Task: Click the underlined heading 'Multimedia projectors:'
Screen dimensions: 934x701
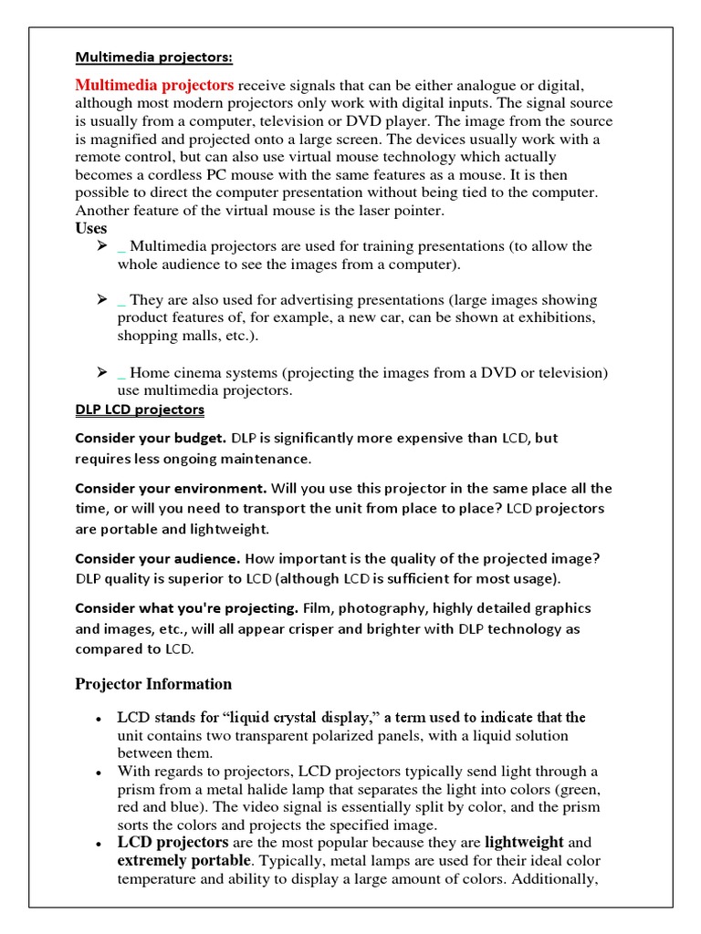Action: tap(153, 58)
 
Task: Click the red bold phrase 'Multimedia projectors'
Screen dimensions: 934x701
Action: tap(154, 85)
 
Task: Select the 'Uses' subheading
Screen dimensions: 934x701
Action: tap(90, 228)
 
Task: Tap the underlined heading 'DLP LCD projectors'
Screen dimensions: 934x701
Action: tap(140, 410)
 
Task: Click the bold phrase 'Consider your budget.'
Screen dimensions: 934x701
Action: tap(151, 438)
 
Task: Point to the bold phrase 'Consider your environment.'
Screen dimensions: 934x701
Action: tap(171, 488)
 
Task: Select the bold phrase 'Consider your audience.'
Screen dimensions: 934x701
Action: tap(157, 558)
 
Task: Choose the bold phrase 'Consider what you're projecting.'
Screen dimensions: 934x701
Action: tap(186, 607)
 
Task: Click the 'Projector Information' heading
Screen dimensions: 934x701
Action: tap(153, 684)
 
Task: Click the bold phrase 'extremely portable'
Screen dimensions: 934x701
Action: tap(183, 860)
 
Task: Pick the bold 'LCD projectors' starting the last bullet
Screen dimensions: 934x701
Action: tap(173, 842)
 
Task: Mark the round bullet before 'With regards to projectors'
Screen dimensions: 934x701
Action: tap(97, 772)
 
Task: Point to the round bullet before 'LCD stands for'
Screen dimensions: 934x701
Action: tap(97, 719)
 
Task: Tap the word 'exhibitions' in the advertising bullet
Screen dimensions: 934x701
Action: tap(556, 317)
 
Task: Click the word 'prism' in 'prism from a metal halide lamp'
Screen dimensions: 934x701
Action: tap(136, 789)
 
